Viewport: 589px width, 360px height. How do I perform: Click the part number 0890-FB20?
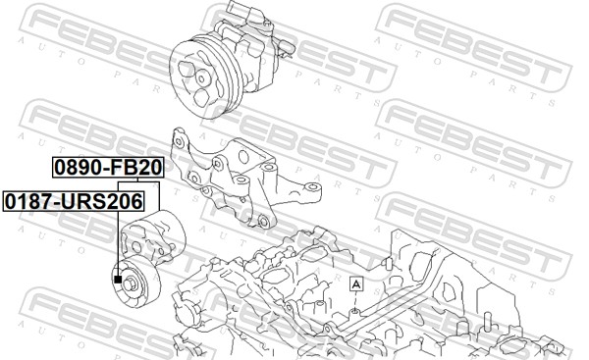coord(108,168)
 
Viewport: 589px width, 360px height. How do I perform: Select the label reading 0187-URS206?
coord(74,201)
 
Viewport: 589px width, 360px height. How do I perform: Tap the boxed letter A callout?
coord(356,283)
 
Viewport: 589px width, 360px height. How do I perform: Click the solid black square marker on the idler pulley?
coord(118,279)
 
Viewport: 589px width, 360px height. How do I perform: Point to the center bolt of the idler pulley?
coord(131,284)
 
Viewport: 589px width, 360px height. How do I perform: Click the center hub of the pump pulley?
coord(202,78)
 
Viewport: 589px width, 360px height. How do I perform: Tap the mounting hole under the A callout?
coord(353,311)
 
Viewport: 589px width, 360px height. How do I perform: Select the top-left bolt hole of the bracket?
coord(179,141)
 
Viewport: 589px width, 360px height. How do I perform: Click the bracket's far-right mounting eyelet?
coord(312,186)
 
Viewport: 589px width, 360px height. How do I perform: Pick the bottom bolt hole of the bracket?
coord(264,222)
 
